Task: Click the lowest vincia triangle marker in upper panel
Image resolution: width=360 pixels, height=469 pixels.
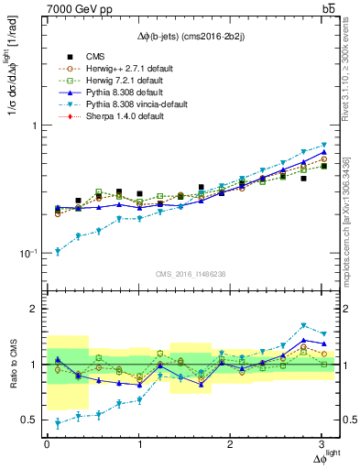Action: click(58, 251)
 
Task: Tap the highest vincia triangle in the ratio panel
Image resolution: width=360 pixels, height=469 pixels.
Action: click(303, 325)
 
